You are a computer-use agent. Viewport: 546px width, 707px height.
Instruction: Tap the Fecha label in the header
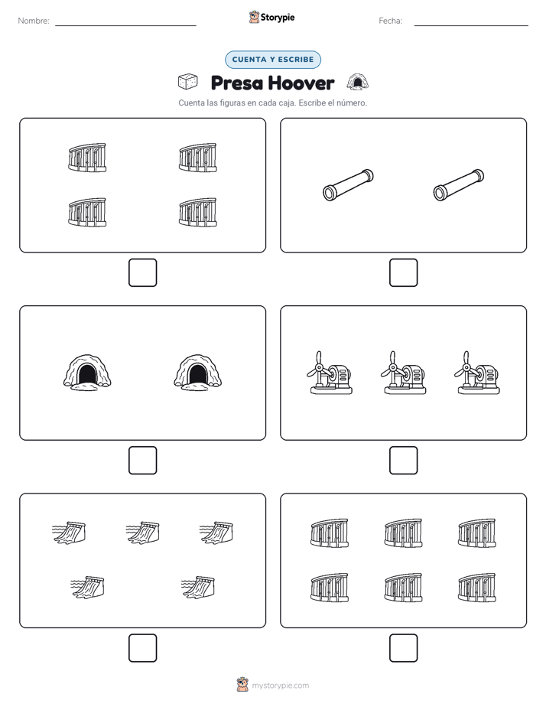click(390, 21)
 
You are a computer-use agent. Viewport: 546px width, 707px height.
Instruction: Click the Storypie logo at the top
click(271, 17)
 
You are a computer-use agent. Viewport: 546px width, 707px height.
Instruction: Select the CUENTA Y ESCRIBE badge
click(273, 60)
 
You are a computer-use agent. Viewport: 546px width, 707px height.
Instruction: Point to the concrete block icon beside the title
click(188, 82)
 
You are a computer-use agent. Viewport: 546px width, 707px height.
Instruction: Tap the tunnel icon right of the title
click(358, 82)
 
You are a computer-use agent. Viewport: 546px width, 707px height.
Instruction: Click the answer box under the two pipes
click(403, 273)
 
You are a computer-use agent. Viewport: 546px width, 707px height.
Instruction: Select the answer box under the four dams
click(142, 273)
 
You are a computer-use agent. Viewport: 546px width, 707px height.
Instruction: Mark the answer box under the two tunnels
click(142, 461)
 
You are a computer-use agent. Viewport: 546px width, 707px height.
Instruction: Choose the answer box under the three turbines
click(403, 461)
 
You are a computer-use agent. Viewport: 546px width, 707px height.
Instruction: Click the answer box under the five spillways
click(142, 648)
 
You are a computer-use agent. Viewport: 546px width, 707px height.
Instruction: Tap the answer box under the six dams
click(403, 648)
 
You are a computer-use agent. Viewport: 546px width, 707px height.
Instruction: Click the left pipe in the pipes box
click(348, 185)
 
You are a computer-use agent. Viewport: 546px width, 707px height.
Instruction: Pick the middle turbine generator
click(403, 373)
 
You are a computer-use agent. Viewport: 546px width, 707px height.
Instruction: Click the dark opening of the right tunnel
click(197, 374)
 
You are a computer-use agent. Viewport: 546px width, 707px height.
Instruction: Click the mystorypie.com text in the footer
click(280, 686)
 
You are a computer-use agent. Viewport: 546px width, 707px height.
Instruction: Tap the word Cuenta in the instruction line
click(191, 103)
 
